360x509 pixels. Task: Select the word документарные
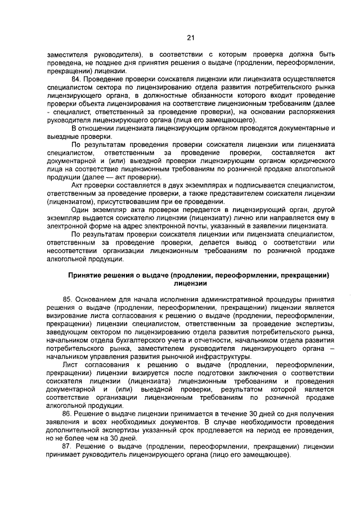pyautogui.click(x=299, y=128)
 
